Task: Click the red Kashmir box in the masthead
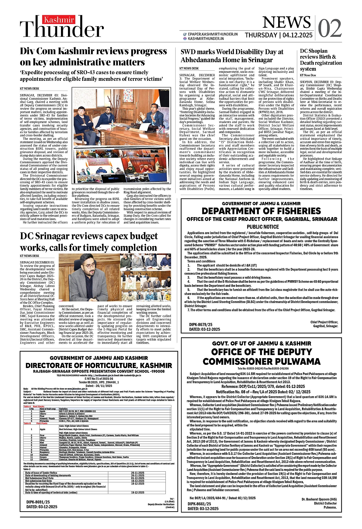pos(59,20)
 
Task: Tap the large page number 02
pos(330,28)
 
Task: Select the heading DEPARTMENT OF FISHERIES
pos(261,211)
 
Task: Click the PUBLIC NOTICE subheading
pos(263,227)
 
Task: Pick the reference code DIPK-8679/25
pos(201,325)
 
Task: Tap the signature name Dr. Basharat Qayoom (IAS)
pos(319,499)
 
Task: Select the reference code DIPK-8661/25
pos(199,504)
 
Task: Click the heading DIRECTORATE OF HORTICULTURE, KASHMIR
pos(99,365)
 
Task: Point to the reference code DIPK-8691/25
pos(38,502)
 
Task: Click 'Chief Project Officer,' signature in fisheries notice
pos(324,322)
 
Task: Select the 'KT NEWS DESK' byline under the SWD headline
pos(189,68)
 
